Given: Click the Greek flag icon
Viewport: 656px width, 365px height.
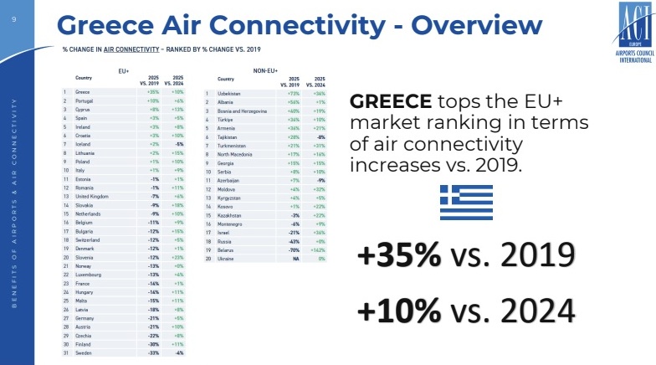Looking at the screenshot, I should coord(466,202).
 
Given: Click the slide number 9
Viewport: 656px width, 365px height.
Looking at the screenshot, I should coord(13,10).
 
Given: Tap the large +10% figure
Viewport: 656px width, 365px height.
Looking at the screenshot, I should coord(399,311).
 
